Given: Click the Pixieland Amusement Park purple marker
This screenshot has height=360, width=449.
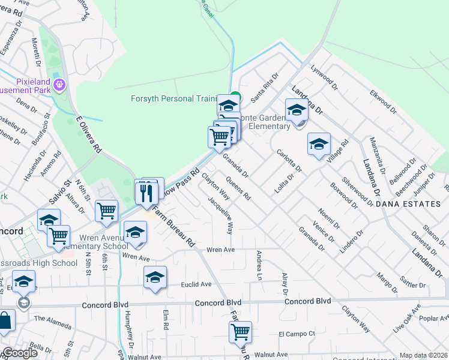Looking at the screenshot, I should point(59,85).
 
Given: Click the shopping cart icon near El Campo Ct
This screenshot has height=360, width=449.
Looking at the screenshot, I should point(240,331).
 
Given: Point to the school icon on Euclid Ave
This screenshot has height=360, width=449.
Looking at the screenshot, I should point(155,277).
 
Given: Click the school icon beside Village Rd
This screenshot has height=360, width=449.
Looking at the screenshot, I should point(319,144).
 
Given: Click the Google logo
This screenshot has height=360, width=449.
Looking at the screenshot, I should point(20,353).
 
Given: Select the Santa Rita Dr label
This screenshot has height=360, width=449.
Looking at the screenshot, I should point(265,87).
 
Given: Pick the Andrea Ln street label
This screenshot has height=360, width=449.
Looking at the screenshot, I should point(260,266).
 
